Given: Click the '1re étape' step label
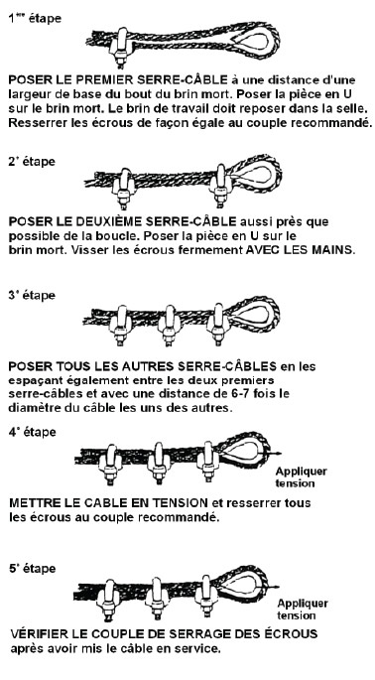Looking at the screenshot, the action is (x=35, y=19).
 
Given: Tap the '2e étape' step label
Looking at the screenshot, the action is (x=32, y=162).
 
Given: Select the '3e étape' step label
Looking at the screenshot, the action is (x=32, y=296).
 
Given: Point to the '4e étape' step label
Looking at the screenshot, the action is (x=32, y=433).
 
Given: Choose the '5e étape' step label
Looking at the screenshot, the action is (x=32, y=569).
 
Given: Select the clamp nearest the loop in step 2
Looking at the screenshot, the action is (x=219, y=184).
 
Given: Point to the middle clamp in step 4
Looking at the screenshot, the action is (x=159, y=463).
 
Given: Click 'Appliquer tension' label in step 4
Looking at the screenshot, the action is (x=301, y=477).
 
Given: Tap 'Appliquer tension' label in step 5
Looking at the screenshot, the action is (x=303, y=609).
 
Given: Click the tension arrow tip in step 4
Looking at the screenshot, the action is (x=281, y=454).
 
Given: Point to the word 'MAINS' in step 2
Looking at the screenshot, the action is (x=331, y=250).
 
